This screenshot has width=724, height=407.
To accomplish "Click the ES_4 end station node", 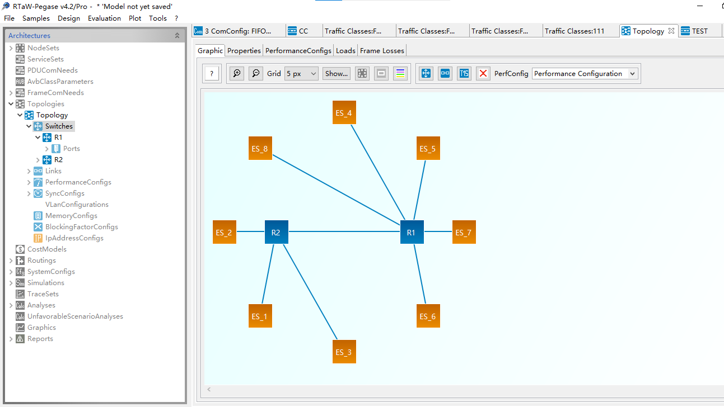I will point(344,113).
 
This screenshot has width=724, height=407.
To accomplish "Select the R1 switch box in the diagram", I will point(412,232).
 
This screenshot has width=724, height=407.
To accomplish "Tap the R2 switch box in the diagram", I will point(276,232).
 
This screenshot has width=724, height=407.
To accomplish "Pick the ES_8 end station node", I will point(260,148).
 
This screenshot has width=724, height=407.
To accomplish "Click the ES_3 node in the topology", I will point(344,352).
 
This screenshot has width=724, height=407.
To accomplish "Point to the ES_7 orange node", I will point(464,232).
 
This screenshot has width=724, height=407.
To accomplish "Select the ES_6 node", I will point(428,316).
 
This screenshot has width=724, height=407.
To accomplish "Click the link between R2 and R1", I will point(344,231).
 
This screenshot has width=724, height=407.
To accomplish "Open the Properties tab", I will point(244,51).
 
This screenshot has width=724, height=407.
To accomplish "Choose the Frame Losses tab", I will point(382,51).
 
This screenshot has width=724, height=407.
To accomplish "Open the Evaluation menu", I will point(104,18).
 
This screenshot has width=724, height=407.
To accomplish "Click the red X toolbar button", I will point(483,73).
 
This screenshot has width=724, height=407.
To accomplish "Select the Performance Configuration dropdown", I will point(585,73).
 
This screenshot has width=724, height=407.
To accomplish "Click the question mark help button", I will point(212,73).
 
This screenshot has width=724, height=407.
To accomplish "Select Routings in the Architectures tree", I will point(41,261).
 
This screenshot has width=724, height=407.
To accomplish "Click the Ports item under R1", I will point(71,149).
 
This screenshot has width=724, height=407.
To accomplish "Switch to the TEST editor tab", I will point(699,31).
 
